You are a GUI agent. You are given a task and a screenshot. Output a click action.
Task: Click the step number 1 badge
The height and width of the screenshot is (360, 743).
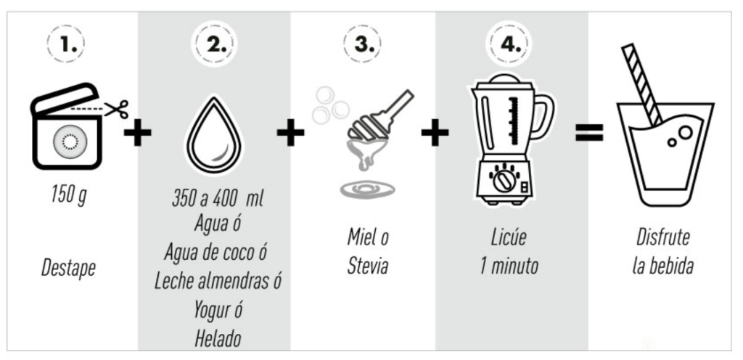(x=66, y=44)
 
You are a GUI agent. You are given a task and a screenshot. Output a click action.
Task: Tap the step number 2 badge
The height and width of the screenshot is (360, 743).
(x=214, y=44)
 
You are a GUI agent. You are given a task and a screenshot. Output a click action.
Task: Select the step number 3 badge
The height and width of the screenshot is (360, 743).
(x=361, y=44)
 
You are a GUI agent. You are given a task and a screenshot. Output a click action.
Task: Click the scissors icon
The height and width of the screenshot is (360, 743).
(x=117, y=109)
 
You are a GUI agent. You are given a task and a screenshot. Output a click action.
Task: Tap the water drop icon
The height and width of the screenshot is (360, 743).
(x=214, y=135)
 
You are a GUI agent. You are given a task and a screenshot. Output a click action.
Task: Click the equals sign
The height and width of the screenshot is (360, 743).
(x=589, y=133)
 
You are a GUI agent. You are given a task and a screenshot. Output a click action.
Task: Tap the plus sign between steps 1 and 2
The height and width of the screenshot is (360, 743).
(x=138, y=133)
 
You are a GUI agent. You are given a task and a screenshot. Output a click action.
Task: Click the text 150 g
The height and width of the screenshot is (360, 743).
(x=69, y=195)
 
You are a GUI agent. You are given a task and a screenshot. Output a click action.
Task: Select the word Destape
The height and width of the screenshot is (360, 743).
(x=68, y=268)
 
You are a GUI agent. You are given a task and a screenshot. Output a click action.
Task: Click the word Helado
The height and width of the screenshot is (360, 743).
(x=218, y=338)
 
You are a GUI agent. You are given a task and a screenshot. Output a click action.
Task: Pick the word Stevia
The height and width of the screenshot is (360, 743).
(x=368, y=266)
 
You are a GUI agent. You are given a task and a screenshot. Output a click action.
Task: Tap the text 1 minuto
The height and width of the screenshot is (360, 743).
(x=509, y=266)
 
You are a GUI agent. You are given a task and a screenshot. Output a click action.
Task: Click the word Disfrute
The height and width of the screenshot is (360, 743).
(x=663, y=237)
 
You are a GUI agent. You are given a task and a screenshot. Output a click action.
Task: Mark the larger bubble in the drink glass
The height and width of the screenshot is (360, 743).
(x=685, y=133)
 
